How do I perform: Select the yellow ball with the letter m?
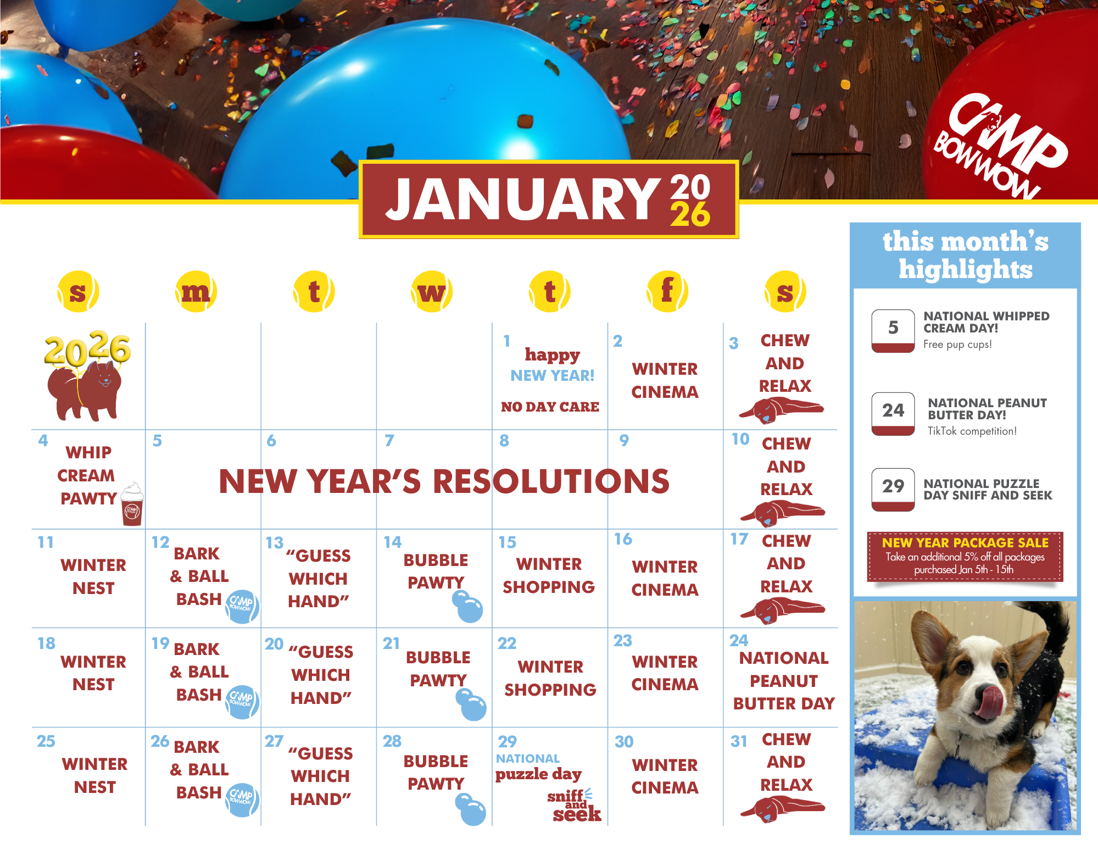pos(196,292)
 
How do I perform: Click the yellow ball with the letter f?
pos(667,292)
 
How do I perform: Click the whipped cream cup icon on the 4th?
pos(132,504)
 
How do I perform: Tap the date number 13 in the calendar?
pos(275,543)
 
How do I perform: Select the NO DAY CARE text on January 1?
pos(550,407)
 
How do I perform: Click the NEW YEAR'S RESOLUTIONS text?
pos(444,481)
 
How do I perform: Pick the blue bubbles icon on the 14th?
pos(468,607)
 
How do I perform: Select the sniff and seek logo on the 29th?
pos(574,805)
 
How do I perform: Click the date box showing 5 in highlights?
pos(893,331)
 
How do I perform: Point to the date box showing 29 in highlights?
pos(893,490)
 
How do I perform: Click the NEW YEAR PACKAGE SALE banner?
pos(965,556)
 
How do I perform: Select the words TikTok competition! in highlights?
pos(972,431)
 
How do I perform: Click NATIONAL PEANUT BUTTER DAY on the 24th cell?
pos(784,681)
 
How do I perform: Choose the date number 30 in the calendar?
pos(624,742)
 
